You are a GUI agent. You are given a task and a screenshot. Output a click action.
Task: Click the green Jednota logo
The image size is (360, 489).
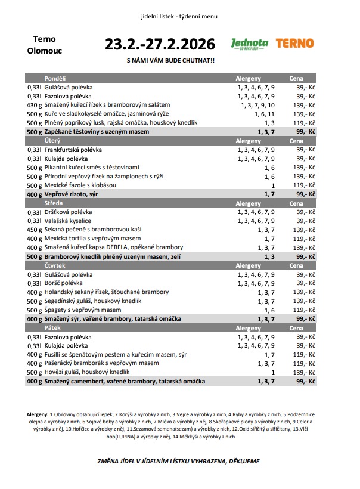pyautogui.click(x=250, y=44)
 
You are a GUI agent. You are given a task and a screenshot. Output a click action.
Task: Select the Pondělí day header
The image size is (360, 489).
pyautogui.click(x=55, y=78)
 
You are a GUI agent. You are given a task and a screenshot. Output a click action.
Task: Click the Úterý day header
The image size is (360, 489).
pyautogui.click(x=52, y=140)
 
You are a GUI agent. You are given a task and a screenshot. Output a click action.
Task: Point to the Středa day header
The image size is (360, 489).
pyautogui.click(x=54, y=203)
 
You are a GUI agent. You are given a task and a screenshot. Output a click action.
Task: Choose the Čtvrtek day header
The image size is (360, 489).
pyautogui.click(x=55, y=265)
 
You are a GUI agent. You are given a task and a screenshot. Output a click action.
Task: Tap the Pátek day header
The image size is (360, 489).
pyautogui.click(x=52, y=328)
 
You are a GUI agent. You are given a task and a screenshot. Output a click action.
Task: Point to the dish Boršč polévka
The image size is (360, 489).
pyautogui.click(x=64, y=283)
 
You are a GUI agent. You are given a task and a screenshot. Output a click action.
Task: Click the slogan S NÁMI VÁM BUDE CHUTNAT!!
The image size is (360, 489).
pyautogui.click(x=171, y=61)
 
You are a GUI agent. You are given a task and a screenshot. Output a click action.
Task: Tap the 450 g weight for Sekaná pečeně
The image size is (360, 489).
pyautogui.click(x=33, y=230)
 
